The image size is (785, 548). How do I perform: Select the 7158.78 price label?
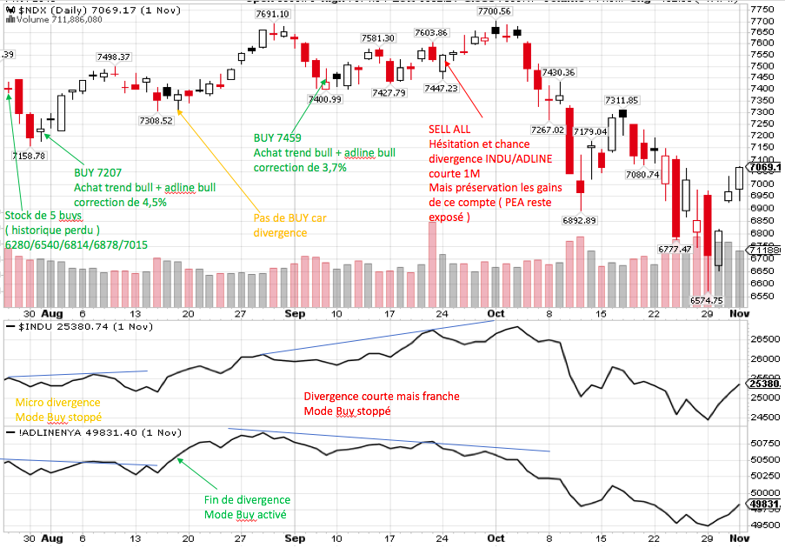[x=29, y=156]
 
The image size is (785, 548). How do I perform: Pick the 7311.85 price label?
[x=622, y=100]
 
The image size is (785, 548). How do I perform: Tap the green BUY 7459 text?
[x=277, y=137]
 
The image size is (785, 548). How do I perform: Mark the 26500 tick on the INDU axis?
[x=762, y=339]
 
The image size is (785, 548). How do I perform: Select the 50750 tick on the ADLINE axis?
[x=762, y=443]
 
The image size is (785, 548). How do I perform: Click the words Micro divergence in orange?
[x=57, y=403]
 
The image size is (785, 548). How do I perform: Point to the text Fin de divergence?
[x=247, y=500]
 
